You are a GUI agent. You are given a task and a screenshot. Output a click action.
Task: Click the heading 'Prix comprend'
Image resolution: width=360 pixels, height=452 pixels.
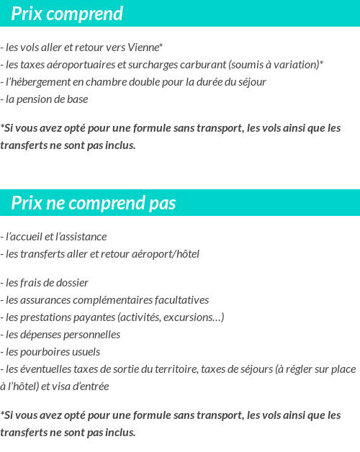pyautogui.click(x=67, y=14)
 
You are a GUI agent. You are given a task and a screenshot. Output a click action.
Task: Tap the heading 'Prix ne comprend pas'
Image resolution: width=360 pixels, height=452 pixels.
pyautogui.click(x=94, y=204)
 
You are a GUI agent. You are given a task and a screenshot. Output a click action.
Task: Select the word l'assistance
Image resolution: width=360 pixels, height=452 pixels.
pyautogui.click(x=82, y=237)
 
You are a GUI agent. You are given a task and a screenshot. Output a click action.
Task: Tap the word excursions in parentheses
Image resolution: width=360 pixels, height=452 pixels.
pyautogui.click(x=193, y=317)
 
